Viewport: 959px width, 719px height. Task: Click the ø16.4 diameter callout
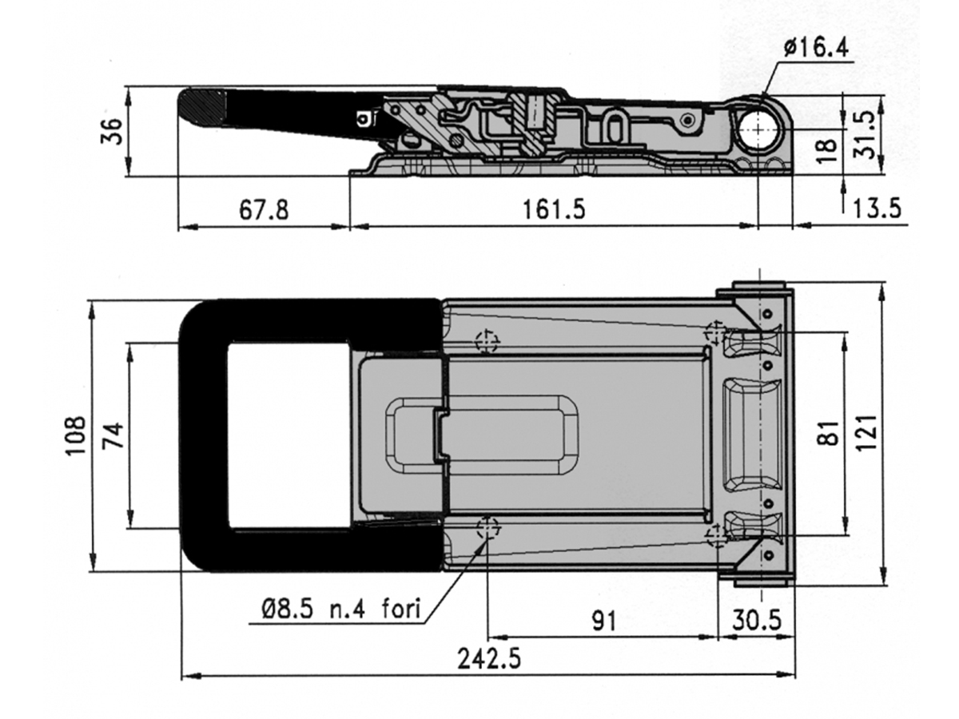[x=816, y=48]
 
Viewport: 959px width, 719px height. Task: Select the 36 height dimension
[x=112, y=131]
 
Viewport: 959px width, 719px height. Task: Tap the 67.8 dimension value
[x=264, y=209]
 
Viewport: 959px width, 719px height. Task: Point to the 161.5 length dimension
[x=554, y=209]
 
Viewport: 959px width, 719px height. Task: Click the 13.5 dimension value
[x=877, y=209]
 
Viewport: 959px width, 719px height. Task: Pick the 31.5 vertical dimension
[x=864, y=134]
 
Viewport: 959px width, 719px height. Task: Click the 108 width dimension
[x=75, y=435]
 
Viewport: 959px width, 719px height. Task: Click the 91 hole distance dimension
[x=604, y=621]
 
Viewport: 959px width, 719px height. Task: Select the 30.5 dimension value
[x=757, y=620]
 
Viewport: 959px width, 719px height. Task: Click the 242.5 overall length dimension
[x=489, y=659]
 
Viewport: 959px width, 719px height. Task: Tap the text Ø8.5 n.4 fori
[x=341, y=609]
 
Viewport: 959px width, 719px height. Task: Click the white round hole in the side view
[x=759, y=129]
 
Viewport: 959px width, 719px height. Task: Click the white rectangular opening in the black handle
[x=288, y=435]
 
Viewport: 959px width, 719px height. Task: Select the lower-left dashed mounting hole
[x=487, y=529]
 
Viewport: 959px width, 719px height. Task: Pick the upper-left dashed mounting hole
[x=487, y=341]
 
